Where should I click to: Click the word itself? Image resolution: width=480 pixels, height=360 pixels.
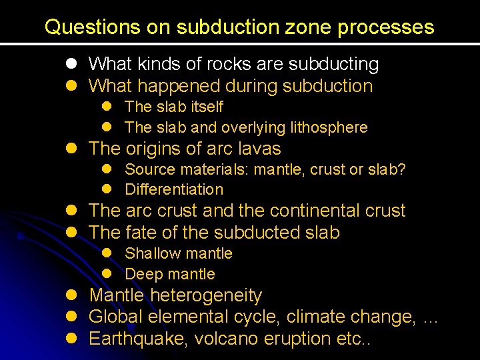pos(207,107)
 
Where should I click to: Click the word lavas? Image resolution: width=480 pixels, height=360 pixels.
pos(259,148)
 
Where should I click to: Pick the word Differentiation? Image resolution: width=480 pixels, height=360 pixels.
pos(174,190)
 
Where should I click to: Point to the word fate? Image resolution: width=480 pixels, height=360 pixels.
pos(142,233)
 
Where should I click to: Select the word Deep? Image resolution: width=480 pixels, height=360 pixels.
pos(142,274)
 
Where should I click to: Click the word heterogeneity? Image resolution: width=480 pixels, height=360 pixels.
pos(207,295)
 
